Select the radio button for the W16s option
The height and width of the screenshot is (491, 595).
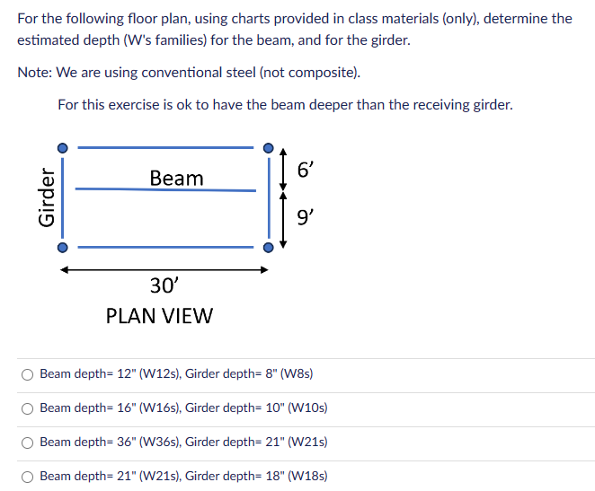tap(29, 408)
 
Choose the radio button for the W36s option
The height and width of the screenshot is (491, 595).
tap(29, 442)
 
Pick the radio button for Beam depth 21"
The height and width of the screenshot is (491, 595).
tap(29, 476)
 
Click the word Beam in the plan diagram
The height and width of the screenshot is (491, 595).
tap(176, 178)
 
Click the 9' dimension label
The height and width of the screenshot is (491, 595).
tap(306, 216)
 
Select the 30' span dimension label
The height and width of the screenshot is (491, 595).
tap(164, 285)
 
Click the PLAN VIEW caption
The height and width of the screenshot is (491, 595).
tap(159, 316)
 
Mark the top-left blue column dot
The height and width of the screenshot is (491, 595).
tap(62, 147)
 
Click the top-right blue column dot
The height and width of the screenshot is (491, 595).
tap(268, 147)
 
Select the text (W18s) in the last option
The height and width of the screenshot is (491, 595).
tap(306, 476)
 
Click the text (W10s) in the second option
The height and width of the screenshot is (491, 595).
tap(306, 408)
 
